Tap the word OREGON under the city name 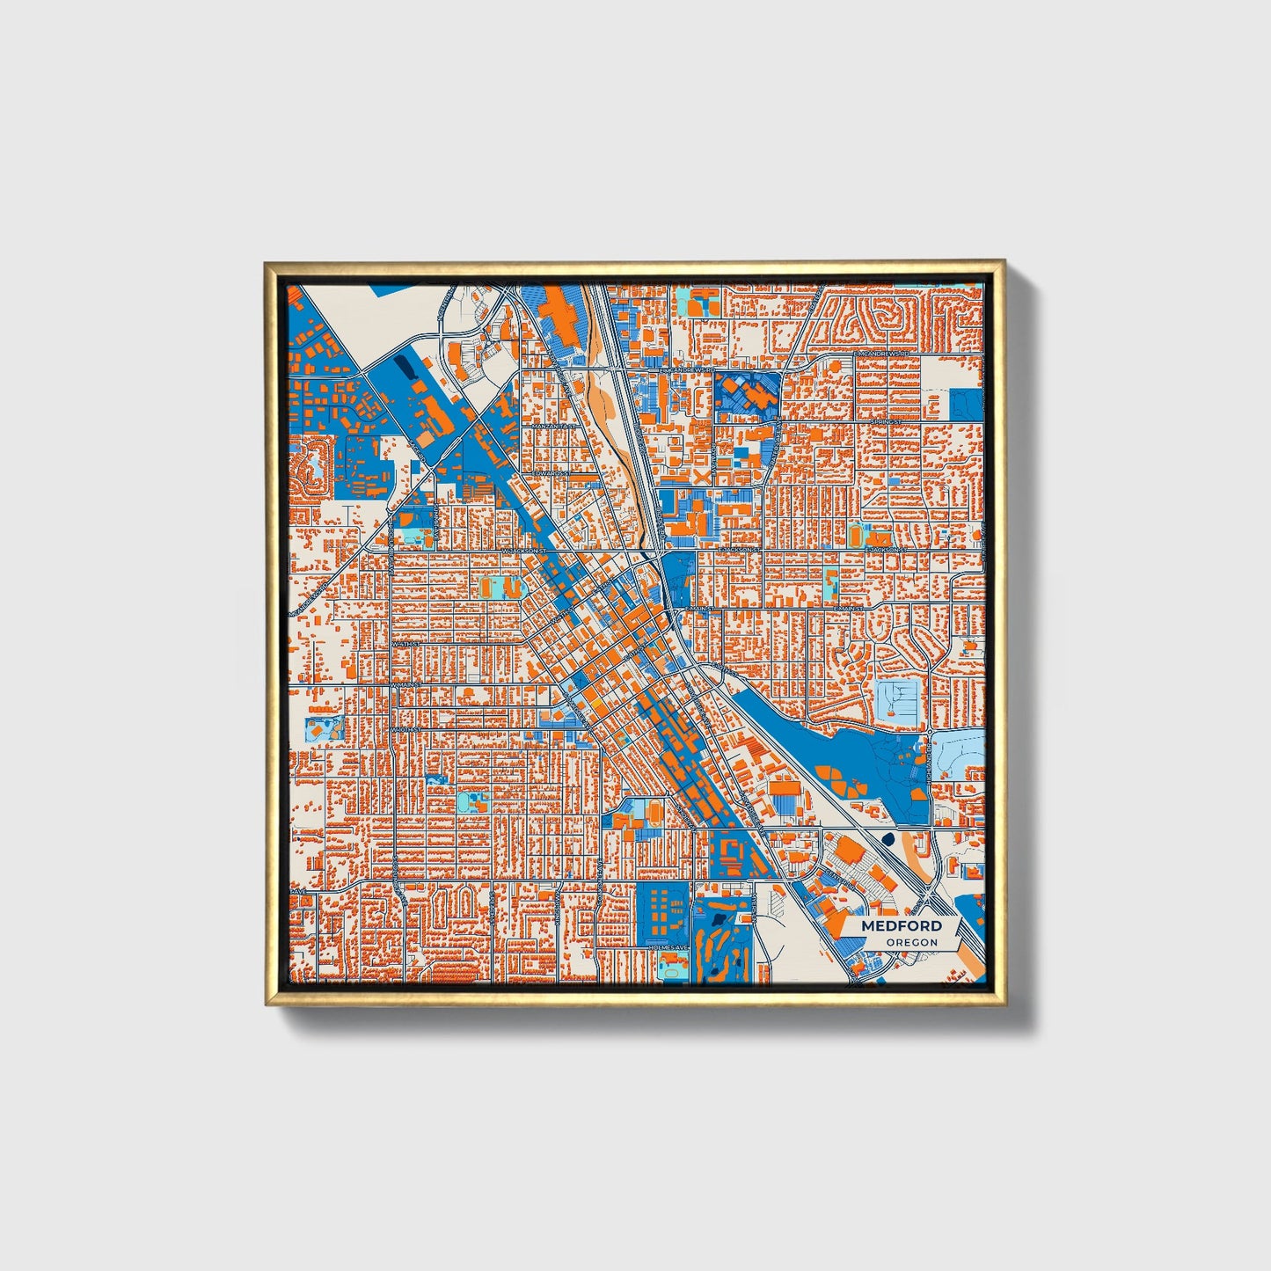pos(911,942)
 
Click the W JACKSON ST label pos(524,551)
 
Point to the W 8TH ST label pos(409,645)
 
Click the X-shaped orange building pos(700,475)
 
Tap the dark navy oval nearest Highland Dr pos(887,838)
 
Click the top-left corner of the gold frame pos(267,263)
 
